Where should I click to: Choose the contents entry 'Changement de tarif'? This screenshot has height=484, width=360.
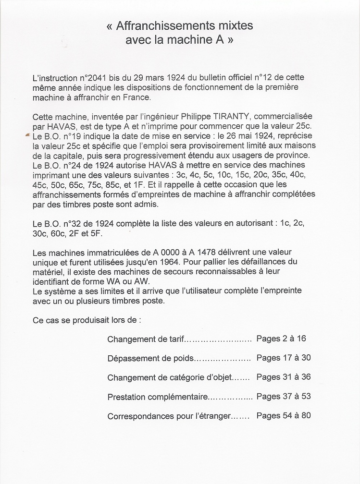click(x=146, y=339)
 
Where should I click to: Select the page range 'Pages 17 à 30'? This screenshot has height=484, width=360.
click(x=284, y=358)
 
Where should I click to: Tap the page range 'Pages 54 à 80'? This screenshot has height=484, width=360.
click(x=284, y=415)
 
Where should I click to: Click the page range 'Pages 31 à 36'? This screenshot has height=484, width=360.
click(x=284, y=377)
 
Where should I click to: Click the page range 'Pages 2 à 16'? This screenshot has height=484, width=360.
click(x=281, y=339)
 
